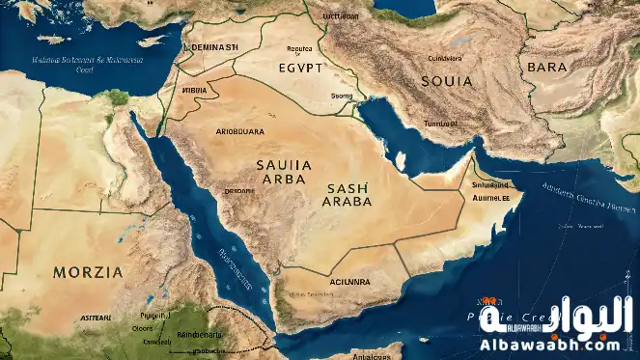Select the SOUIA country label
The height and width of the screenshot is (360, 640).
coord(447,81)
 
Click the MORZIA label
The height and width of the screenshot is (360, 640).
coord(88,271)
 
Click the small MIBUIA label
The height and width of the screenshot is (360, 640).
coord(194,90)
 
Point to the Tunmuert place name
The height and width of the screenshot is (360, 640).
coord(441,124)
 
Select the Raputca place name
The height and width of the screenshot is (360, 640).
coord(300,47)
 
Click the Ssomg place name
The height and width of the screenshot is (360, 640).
coord(342,96)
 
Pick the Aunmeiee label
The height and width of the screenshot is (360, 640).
coord(490,199)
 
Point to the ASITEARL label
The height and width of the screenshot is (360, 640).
coord(97,317)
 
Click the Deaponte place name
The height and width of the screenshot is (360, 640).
coord(239,191)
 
